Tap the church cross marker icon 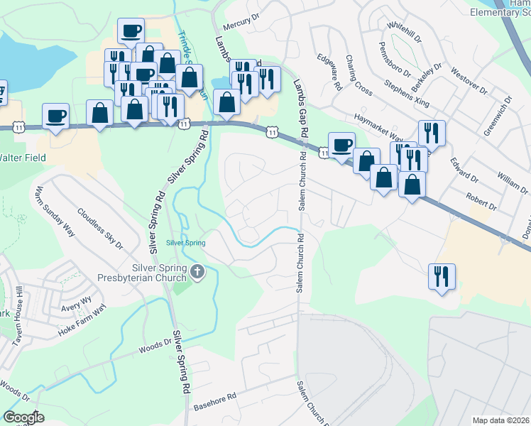(198, 271)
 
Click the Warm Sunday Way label (55, 211)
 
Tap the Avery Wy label (77, 302)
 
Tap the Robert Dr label (481, 200)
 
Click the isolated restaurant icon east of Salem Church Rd (442, 275)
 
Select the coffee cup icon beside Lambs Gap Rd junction (341, 144)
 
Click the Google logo (23, 418)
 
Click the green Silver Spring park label (186, 243)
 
